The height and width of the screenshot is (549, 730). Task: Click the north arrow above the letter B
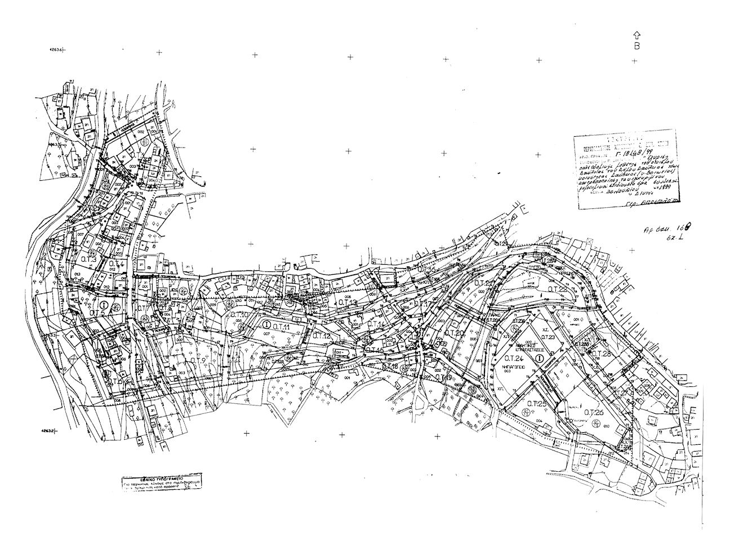(x=636, y=35)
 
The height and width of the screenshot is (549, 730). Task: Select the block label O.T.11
(x=281, y=327)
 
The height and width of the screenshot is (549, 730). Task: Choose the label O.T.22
(x=556, y=289)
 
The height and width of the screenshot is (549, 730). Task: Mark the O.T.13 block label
(x=348, y=302)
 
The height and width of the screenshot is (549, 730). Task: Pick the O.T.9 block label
(x=195, y=360)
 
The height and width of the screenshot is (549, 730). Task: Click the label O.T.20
(x=454, y=333)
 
